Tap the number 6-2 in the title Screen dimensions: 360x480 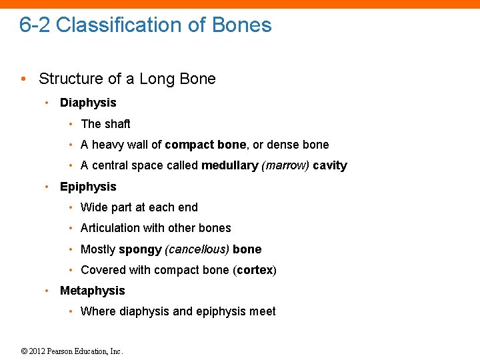35,25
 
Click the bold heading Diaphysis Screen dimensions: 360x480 88,103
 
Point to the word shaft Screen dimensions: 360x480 117,124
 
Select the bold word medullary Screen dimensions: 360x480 229,165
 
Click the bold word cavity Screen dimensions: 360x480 330,165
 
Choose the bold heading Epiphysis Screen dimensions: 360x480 88,187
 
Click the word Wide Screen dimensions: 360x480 93,207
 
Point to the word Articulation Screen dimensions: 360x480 111,228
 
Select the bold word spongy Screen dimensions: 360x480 140,249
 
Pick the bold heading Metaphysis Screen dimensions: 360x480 92,291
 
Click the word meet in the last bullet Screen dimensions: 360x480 262,311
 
